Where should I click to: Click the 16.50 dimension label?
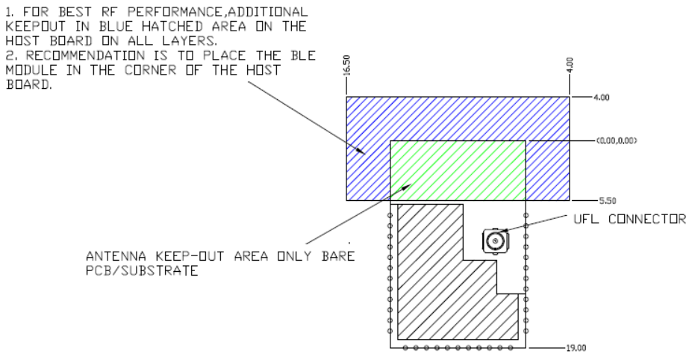click(x=347, y=65)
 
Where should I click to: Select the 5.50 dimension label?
click(x=608, y=201)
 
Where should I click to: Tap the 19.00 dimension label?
click(x=576, y=348)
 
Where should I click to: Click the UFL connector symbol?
click(x=496, y=241)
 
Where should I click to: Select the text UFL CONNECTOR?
click(x=630, y=219)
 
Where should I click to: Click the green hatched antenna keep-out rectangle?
click(x=458, y=170)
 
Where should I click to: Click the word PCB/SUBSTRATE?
click(x=142, y=270)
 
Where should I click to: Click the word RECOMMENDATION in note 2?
click(x=85, y=56)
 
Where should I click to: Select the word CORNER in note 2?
click(x=151, y=70)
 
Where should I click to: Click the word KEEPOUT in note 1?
click(x=35, y=26)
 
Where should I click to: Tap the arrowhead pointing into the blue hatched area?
click(x=360, y=150)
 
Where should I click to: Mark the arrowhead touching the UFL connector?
click(x=502, y=230)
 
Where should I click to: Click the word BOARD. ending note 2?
click(x=29, y=84)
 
